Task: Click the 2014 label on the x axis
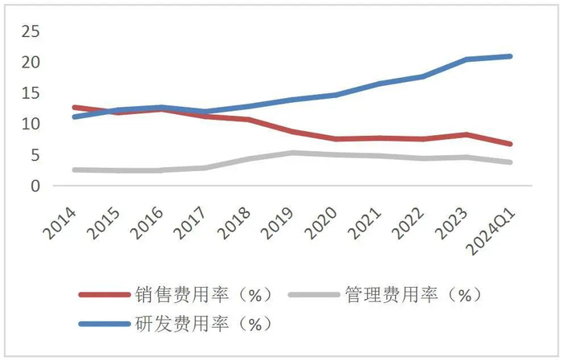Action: tap(63, 220)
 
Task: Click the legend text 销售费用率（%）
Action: tap(204, 295)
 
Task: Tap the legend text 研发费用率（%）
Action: tap(204, 325)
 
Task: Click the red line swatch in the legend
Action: tap(104, 295)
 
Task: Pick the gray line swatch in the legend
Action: tap(313, 295)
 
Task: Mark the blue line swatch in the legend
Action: tap(104, 325)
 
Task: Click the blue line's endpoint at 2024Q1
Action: tap(532, 56)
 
